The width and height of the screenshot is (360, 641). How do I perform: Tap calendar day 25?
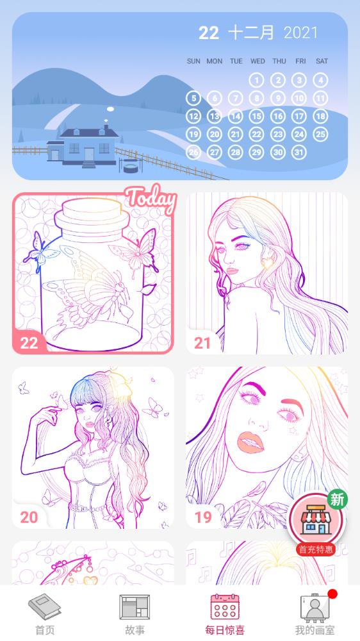tap(320, 135)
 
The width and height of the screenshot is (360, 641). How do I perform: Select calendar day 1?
tap(256, 80)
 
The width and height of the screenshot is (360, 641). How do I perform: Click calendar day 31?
tap(299, 153)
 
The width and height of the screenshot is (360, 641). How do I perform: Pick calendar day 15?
tap(256, 117)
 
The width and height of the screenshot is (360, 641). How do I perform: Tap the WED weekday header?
tap(258, 62)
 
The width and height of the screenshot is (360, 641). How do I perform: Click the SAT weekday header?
tap(322, 62)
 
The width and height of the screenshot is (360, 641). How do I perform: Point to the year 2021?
tap(300, 33)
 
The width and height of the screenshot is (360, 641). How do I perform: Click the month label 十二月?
tap(251, 33)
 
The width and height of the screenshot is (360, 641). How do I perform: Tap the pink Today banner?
tap(150, 199)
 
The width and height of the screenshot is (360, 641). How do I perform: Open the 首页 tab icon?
tap(44, 607)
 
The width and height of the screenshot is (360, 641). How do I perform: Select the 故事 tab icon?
tap(135, 607)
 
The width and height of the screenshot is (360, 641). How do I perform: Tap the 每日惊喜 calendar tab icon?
tap(225, 607)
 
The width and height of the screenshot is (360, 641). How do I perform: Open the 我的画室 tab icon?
tap(314, 607)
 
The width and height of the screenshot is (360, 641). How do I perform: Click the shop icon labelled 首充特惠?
tap(315, 520)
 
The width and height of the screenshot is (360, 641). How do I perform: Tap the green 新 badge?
tap(337, 499)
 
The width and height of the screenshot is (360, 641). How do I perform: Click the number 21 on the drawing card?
tap(202, 343)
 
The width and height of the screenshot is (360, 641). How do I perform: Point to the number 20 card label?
tap(29, 517)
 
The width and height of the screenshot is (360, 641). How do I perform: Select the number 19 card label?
tap(202, 517)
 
